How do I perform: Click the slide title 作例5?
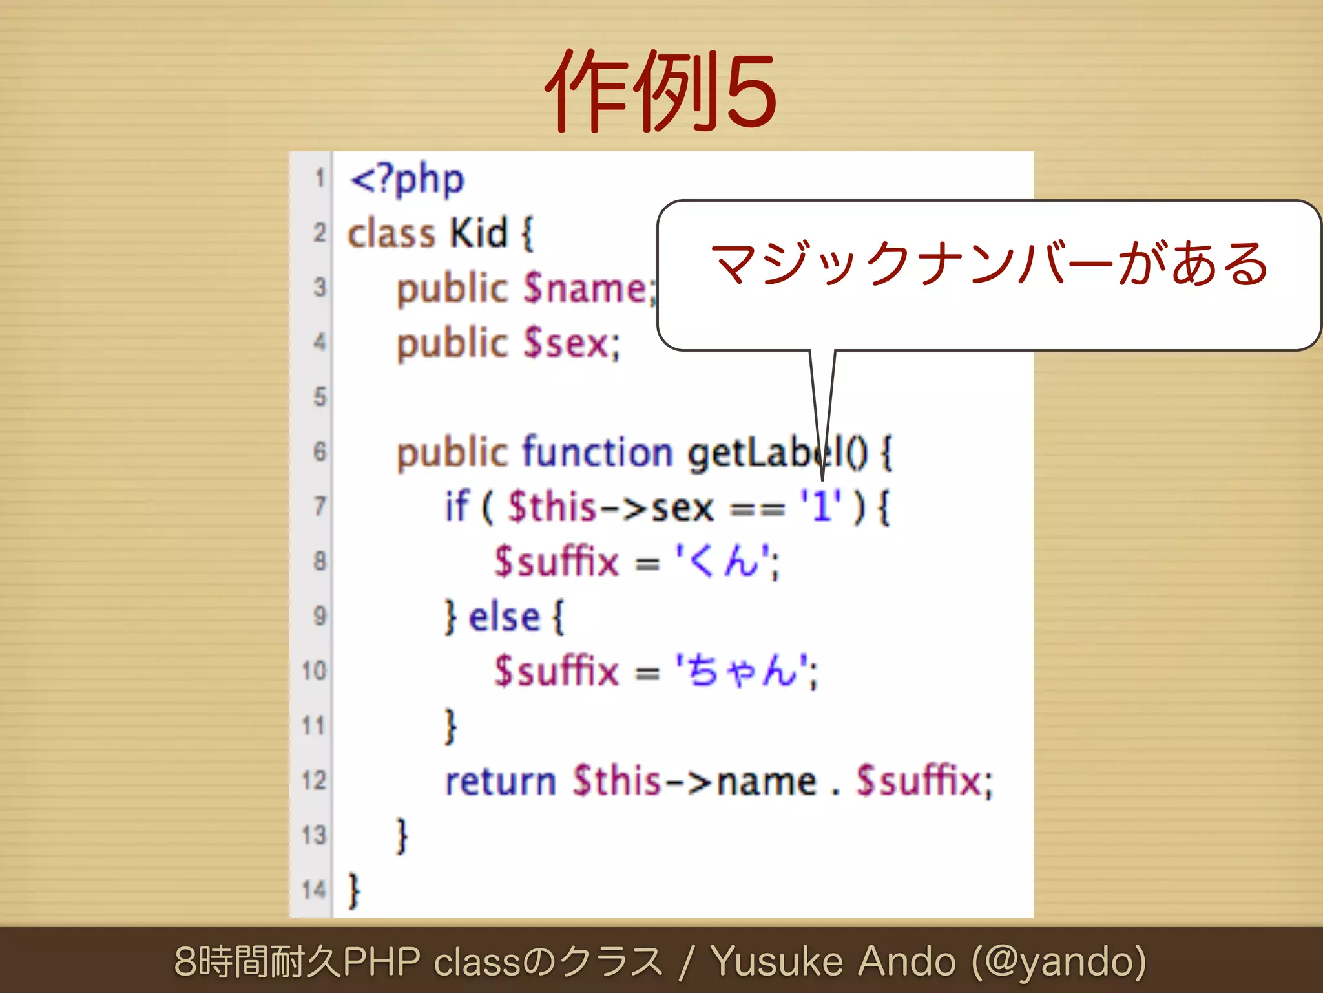(660, 91)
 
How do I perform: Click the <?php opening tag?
(407, 179)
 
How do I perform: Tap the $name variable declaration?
(584, 288)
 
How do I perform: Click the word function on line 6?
(598, 452)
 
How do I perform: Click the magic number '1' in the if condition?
(820, 506)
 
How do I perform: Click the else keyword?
(504, 617)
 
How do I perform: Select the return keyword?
(501, 782)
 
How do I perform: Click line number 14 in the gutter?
(314, 890)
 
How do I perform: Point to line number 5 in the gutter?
(320, 396)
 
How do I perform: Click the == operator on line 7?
(757, 507)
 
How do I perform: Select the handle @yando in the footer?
(1059, 961)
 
